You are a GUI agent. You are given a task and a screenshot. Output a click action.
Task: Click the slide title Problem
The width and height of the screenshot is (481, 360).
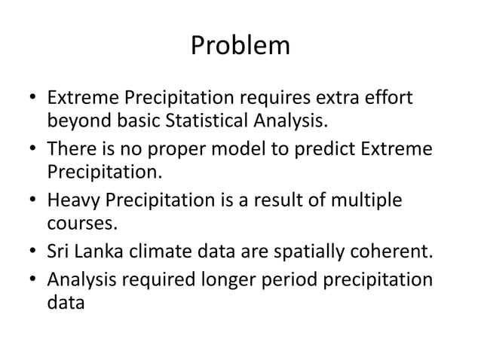[x=240, y=47]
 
